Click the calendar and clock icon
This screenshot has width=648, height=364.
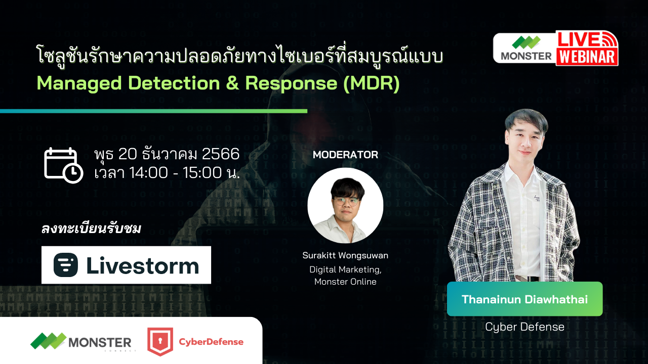click(x=63, y=165)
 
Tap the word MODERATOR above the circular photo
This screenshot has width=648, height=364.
click(x=345, y=155)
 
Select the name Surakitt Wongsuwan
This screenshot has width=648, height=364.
click(x=345, y=256)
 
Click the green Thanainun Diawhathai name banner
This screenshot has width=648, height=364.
click(x=524, y=299)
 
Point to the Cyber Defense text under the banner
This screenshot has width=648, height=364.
click(x=524, y=327)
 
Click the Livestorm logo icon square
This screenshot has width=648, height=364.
click(x=66, y=265)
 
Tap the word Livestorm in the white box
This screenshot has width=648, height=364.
click(x=142, y=266)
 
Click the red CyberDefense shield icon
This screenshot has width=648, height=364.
click(x=159, y=342)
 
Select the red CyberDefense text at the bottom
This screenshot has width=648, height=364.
click(x=211, y=342)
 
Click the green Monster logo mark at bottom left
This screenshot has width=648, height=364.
click(x=48, y=341)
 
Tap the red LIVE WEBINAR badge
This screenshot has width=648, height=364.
click(x=587, y=48)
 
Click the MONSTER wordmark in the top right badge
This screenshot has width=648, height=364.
click(x=526, y=56)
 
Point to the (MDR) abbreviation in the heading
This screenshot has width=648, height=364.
click(x=371, y=84)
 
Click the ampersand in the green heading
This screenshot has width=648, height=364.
click(x=232, y=84)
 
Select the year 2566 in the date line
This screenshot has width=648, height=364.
click(x=220, y=154)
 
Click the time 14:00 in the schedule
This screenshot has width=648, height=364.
click(x=148, y=173)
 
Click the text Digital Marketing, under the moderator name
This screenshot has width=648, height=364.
click(x=345, y=269)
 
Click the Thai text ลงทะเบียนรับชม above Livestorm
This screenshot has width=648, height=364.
click(x=91, y=229)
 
